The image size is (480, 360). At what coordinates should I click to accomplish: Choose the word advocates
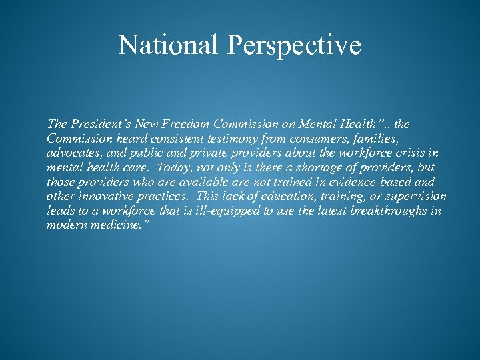71,153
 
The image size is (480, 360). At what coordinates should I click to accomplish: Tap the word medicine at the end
114,225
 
